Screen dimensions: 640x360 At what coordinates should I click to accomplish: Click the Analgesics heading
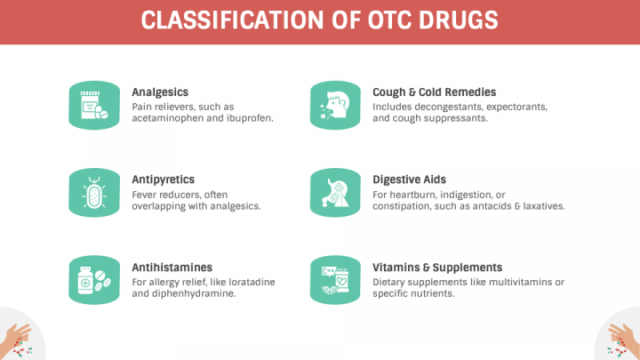click(x=160, y=92)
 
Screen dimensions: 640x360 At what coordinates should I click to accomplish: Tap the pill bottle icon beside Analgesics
click(x=94, y=105)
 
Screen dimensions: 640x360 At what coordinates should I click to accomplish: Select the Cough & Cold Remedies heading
click(x=435, y=92)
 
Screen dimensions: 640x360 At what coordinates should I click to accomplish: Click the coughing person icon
click(x=335, y=105)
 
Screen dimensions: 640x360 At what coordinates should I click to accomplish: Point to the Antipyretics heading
click(x=163, y=180)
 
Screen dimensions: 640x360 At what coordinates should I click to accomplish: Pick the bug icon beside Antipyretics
click(x=94, y=193)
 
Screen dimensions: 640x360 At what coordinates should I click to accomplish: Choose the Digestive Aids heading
click(x=409, y=180)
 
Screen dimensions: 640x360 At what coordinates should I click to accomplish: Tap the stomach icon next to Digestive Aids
click(x=335, y=193)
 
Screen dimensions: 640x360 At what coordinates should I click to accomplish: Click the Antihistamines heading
click(x=172, y=268)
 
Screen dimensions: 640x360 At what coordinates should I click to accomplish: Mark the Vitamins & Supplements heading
click(x=437, y=268)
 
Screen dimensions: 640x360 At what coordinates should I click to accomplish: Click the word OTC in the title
click(x=387, y=20)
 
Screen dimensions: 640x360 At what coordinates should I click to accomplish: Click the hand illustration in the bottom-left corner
click(x=16, y=340)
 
